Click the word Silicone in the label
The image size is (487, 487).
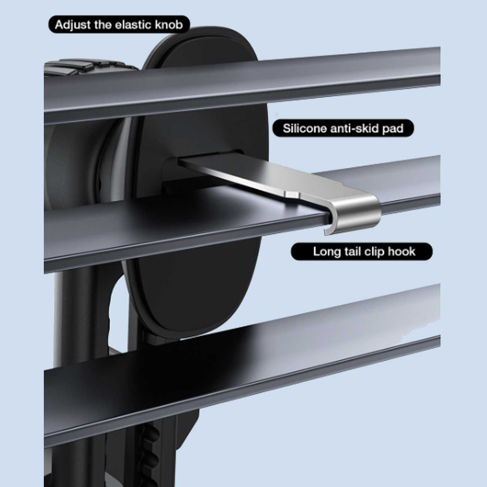[305, 128]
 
